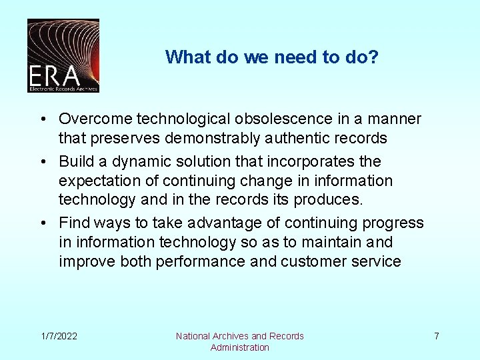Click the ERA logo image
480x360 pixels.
point(63,55)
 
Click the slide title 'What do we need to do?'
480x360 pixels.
point(272,57)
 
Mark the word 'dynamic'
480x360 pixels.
point(134,161)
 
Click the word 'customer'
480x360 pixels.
point(312,261)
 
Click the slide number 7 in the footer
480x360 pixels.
point(437,336)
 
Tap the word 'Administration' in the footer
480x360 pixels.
point(240,347)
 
